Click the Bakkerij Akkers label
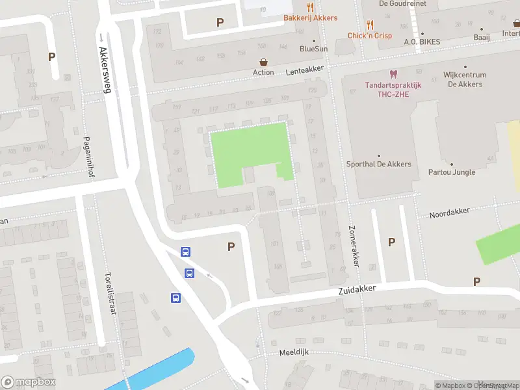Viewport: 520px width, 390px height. (310, 18)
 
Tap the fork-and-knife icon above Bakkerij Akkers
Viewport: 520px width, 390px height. (310, 7)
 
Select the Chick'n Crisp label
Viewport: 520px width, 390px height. (369, 36)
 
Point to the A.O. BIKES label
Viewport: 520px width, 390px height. (422, 42)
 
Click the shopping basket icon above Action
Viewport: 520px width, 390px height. (264, 62)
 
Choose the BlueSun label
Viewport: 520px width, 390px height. (313, 49)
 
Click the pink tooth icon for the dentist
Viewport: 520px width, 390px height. (393, 75)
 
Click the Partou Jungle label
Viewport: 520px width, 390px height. (452, 172)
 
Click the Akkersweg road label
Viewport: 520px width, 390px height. (105, 69)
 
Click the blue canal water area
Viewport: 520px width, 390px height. (162, 369)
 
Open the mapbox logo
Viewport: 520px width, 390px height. (28, 382)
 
